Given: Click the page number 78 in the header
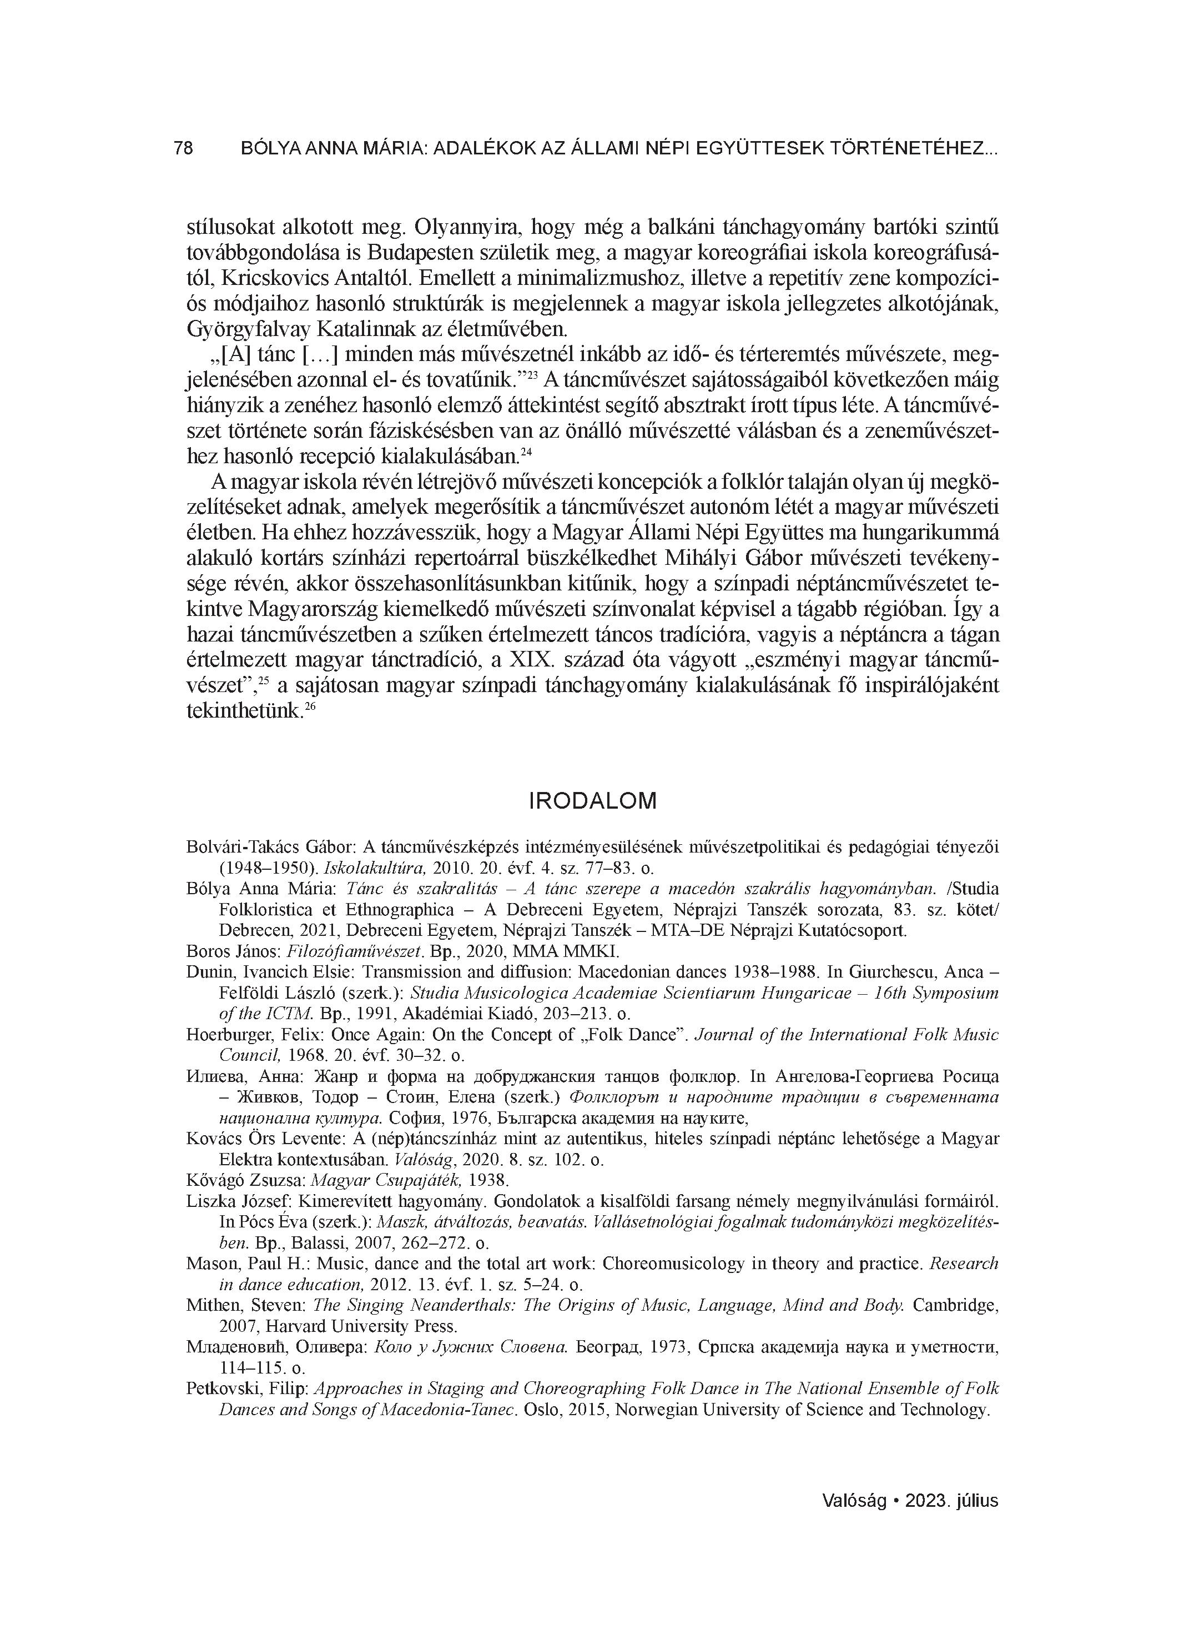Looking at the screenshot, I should click(x=184, y=148).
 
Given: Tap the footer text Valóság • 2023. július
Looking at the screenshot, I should click(x=910, y=1500).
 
